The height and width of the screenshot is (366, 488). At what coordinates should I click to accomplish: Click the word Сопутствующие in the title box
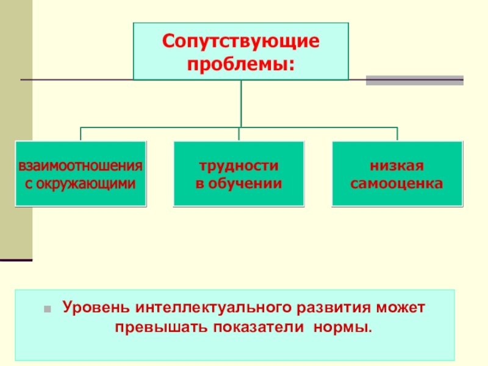click(x=240, y=43)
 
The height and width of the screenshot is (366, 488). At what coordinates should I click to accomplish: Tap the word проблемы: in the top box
click(x=240, y=63)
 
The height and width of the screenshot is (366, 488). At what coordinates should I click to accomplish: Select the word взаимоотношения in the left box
click(x=81, y=166)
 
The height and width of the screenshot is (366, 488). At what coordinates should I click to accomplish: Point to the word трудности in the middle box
click(x=239, y=166)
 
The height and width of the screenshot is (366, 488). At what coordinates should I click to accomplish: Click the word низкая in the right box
click(x=397, y=166)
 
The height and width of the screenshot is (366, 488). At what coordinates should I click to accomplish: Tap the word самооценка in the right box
click(x=397, y=182)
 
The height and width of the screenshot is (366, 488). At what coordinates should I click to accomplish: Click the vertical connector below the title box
click(x=241, y=104)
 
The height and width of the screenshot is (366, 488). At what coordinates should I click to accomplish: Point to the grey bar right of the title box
click(x=414, y=80)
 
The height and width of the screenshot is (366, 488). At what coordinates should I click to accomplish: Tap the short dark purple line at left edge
click(x=16, y=260)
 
